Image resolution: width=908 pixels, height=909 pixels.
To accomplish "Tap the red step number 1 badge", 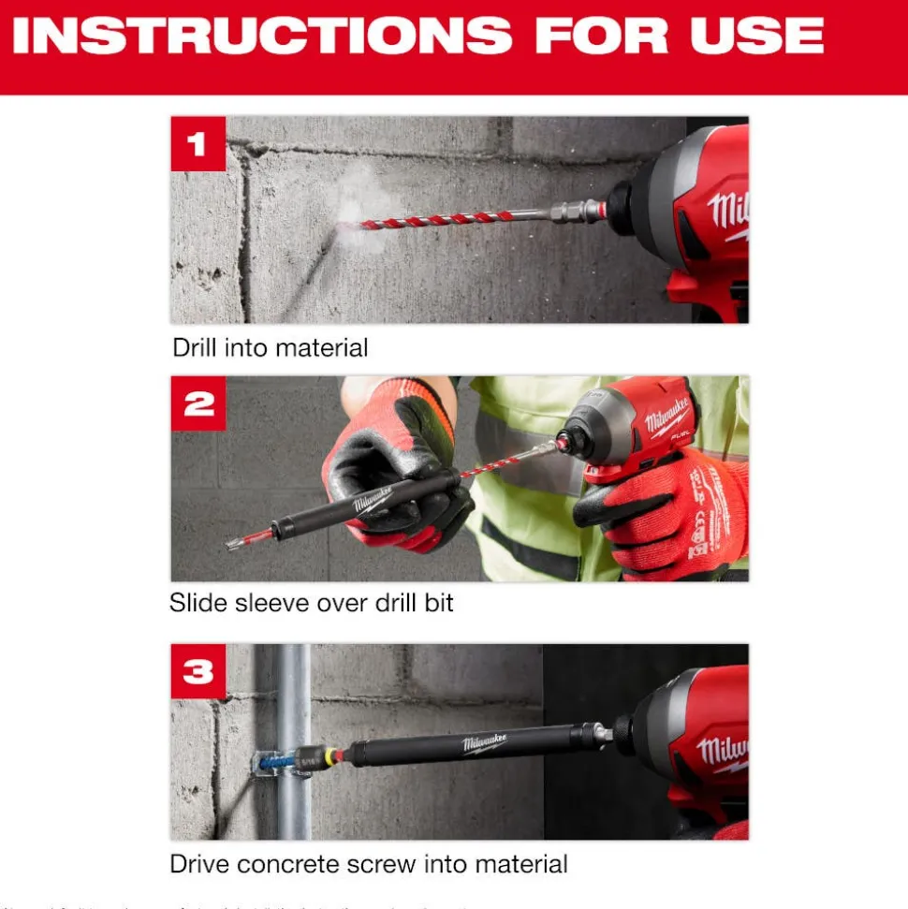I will (198, 144).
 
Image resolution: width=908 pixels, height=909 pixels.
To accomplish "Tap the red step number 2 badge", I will (198, 403).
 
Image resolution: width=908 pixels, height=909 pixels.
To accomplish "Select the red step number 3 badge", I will (198, 671).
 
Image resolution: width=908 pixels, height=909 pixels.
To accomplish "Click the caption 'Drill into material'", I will (270, 348).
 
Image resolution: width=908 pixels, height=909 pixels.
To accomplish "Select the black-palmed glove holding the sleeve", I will (403, 468).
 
